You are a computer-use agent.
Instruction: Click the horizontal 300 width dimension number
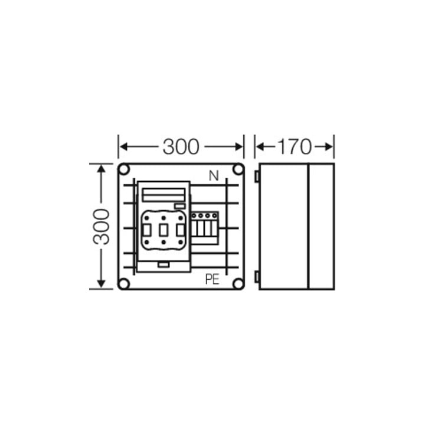[181, 146]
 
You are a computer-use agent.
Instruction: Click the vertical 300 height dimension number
[102, 227]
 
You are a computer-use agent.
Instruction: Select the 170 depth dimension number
[294, 146]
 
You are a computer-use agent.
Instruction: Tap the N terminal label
[214, 176]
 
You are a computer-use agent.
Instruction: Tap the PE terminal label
[212, 279]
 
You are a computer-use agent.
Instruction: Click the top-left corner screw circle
[124, 169]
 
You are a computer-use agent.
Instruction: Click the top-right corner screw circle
[238, 169]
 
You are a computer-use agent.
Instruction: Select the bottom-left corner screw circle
[124, 284]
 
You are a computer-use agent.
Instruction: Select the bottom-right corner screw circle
[238, 284]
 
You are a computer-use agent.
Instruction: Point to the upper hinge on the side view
[257, 176]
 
